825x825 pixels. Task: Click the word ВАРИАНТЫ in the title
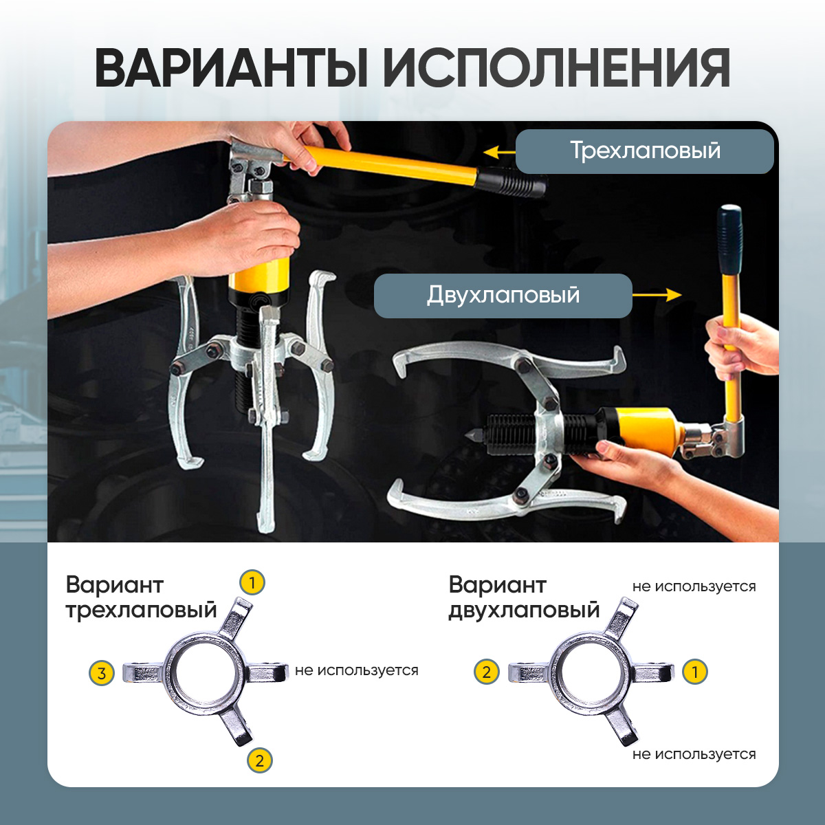[x=231, y=69]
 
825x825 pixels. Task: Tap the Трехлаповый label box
[x=644, y=151]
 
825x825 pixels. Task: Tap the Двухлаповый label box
[x=503, y=296]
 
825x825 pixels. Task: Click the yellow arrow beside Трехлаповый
[x=499, y=151]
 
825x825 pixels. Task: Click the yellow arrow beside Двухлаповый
[x=657, y=294]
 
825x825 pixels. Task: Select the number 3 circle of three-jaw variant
[x=102, y=674]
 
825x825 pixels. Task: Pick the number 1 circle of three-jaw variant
[x=252, y=583]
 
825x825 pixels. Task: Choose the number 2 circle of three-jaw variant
[x=259, y=761]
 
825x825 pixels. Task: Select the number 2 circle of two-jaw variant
[x=486, y=672]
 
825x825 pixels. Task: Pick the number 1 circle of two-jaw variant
[x=695, y=672]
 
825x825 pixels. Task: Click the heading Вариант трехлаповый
[x=142, y=597]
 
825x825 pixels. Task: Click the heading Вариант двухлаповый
[x=524, y=597]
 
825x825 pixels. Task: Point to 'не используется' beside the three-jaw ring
[x=357, y=670]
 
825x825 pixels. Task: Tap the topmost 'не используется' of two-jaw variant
[x=694, y=586]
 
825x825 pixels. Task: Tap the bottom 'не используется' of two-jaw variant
[x=694, y=754]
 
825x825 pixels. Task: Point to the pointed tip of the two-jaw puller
[x=468, y=435]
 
